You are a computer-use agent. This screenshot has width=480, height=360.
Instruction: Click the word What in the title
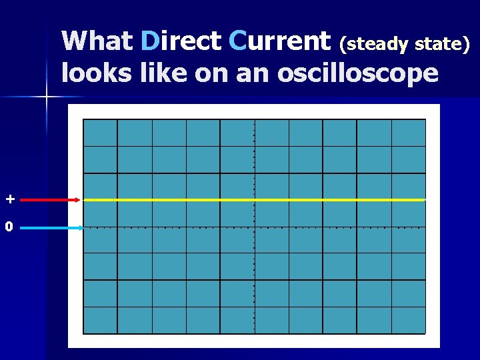97,41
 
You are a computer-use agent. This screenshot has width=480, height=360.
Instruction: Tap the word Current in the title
279,41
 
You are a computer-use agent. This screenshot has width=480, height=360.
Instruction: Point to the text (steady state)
405,45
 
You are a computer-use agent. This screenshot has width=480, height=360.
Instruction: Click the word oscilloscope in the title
357,72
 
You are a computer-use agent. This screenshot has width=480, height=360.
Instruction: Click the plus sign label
9,199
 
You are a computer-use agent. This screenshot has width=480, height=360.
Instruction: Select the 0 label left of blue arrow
9,227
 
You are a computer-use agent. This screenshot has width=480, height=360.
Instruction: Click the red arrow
47,199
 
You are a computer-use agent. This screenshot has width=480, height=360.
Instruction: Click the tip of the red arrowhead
81,199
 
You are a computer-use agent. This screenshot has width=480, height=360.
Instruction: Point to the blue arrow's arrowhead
79,228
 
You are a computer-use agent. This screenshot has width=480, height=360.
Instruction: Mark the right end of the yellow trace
423,199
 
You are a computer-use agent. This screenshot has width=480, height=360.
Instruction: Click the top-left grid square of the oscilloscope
100,132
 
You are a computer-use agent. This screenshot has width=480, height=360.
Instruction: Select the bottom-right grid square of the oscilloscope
408,319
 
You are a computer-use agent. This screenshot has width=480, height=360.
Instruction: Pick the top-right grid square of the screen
408,132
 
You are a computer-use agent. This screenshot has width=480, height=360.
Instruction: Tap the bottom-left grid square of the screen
100,319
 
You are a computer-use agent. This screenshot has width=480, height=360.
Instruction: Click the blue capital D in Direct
150,41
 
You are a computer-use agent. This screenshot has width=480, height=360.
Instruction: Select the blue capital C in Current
237,41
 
